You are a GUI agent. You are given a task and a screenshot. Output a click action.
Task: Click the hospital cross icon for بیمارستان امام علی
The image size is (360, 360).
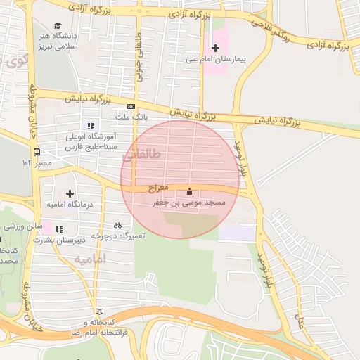[x=215, y=48]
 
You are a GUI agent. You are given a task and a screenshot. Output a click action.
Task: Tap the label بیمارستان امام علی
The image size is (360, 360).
[x=219, y=60]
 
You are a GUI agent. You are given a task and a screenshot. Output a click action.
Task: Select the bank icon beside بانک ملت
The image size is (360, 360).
[x=131, y=106]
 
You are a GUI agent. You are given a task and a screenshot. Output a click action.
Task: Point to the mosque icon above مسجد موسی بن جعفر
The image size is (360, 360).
[x=188, y=192]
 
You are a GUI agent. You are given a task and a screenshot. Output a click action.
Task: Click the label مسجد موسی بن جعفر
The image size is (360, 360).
[x=190, y=202]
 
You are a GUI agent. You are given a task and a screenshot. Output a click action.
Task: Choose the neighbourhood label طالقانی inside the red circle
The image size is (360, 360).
[x=141, y=154]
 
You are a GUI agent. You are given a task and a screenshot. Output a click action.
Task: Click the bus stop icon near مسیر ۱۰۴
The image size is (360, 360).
[x=37, y=151]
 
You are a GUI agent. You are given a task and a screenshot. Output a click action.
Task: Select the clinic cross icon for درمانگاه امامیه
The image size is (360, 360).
[x=70, y=193]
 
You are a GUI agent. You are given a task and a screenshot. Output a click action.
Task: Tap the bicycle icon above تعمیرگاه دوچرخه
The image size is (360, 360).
[x=117, y=226]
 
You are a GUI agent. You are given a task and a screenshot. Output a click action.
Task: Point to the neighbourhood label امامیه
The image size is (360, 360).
[x=89, y=259]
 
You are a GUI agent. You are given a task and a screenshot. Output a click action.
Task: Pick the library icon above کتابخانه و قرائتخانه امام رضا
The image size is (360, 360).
[x=99, y=311]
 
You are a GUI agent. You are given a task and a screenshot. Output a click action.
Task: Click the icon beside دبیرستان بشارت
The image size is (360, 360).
[x=59, y=229]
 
